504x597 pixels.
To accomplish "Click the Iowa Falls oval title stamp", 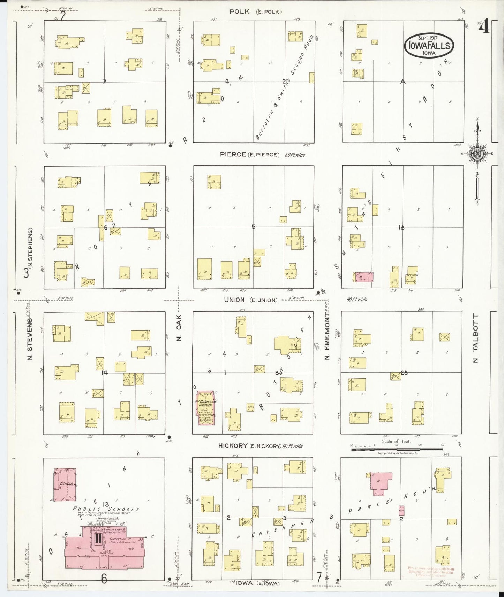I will point(429,46).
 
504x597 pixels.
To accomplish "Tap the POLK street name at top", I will point(239,12).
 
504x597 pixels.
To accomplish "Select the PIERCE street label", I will point(233,154).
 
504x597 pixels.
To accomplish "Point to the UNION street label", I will point(236,300).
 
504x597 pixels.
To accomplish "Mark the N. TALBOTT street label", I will point(475,338).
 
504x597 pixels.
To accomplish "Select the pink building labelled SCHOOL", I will point(65,484).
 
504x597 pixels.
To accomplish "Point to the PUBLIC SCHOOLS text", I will point(106,509).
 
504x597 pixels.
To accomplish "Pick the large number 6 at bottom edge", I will point(104,579).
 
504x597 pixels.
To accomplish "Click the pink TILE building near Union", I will point(363,277).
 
